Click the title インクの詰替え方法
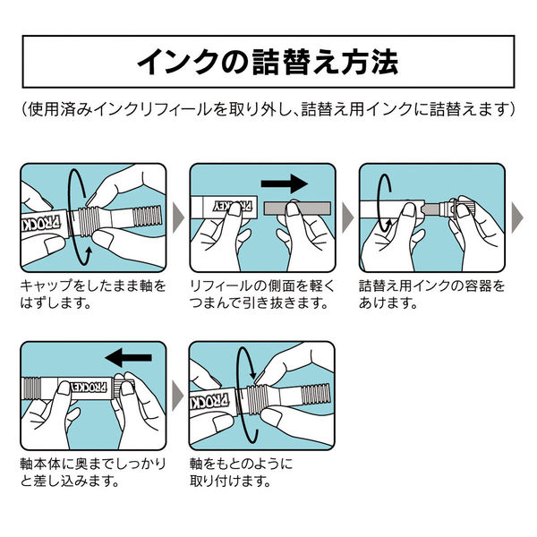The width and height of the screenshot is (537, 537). pos(268,62)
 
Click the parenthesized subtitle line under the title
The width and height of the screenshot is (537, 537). pos(268,110)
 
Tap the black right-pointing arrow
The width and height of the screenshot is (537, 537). pos(286,184)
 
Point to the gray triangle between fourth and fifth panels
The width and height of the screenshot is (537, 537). pos(178,393)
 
